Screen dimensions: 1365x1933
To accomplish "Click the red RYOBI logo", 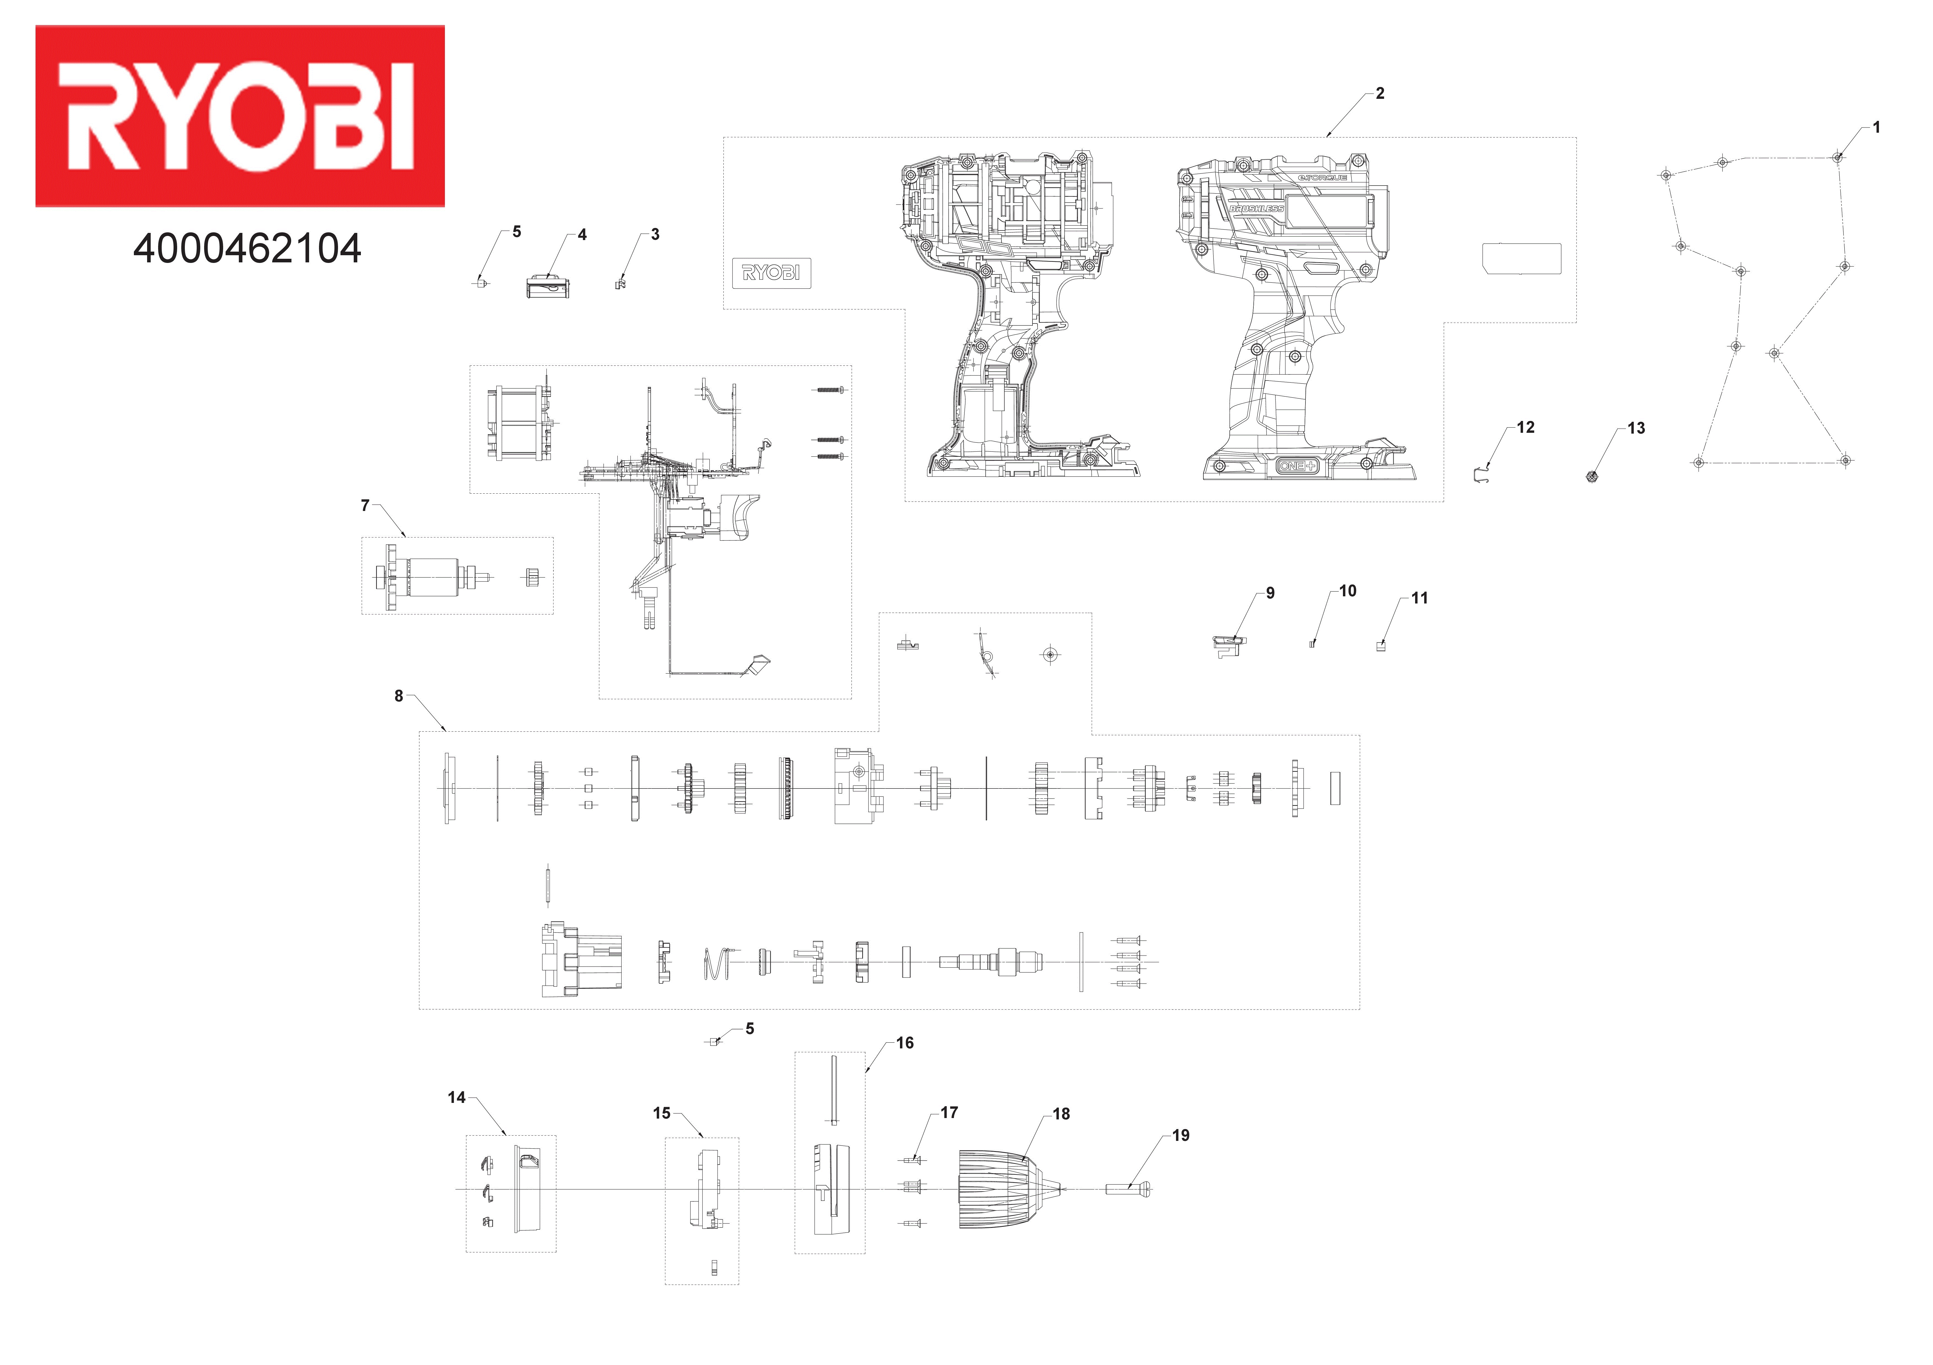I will point(240,116).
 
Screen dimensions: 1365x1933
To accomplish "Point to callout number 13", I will point(1636,428).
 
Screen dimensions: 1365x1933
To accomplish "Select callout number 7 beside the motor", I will point(364,506).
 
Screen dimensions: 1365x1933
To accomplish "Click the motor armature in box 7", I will point(434,577).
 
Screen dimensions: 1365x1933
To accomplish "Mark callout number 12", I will point(1526,428).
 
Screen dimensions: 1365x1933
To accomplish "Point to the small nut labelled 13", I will point(1591,477).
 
